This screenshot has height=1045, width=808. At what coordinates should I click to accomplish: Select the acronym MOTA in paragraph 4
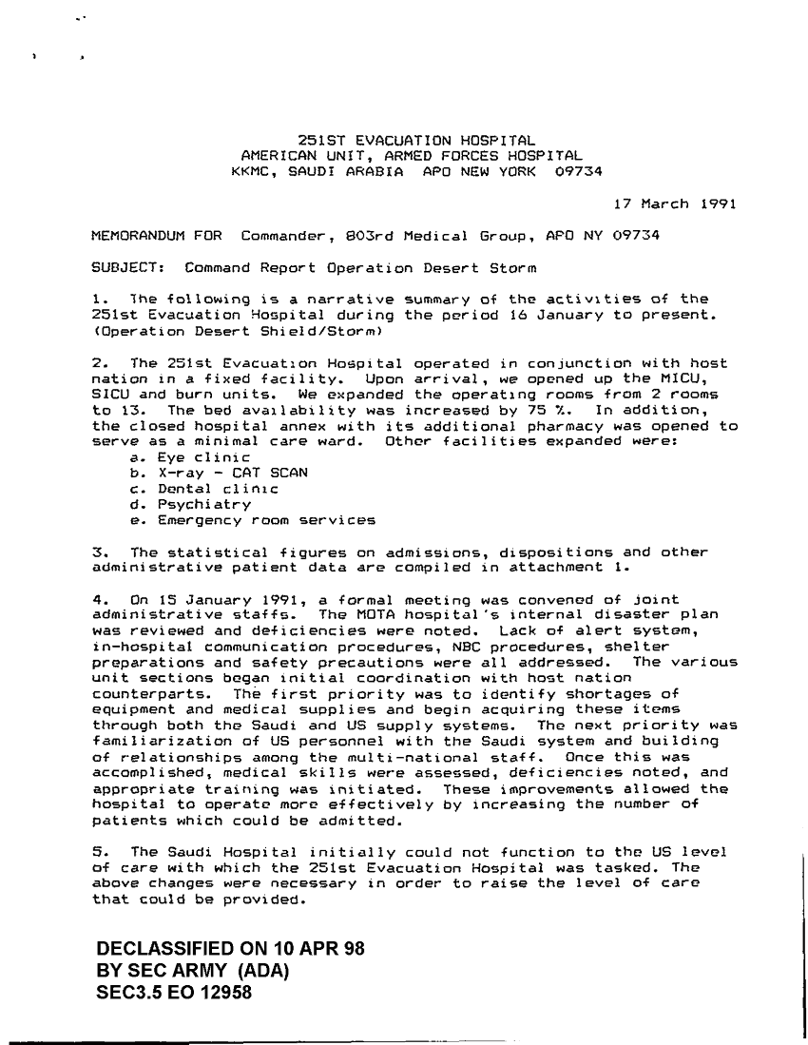pyautogui.click(x=322, y=613)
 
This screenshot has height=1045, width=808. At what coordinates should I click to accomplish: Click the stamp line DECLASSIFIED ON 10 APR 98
pyautogui.click(x=231, y=949)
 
